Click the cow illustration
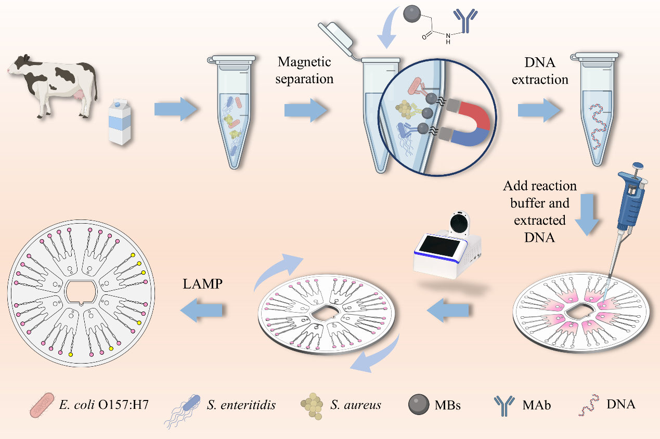coord(53,85)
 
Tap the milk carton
coord(120,122)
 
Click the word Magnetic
coord(304,62)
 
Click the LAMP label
coord(203,284)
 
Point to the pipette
coord(626,224)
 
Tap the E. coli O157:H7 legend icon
coord(42,405)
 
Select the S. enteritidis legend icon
coord(182,411)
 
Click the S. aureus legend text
coord(356,405)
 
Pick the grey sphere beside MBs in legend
coord(418,405)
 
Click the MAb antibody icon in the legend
coord(504,406)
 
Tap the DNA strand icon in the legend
coord(589,405)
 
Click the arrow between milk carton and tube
coord(176,109)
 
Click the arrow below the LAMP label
coord(201,310)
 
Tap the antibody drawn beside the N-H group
coord(465,20)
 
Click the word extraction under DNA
coord(540,80)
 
